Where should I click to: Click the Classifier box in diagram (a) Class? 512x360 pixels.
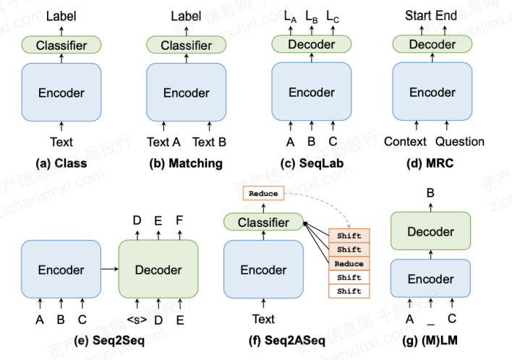[x=61, y=46]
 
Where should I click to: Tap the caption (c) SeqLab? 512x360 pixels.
[x=312, y=163]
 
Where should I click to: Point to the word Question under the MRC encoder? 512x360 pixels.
[x=460, y=142]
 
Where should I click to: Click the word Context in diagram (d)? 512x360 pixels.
[x=405, y=142]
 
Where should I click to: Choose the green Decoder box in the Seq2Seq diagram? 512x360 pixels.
[x=158, y=270]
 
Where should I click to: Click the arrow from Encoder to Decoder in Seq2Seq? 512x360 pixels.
[x=110, y=270]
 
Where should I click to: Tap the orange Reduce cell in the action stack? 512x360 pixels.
[x=349, y=264]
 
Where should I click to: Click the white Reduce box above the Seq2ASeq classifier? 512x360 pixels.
[x=263, y=194]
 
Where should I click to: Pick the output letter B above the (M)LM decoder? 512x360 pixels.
[x=432, y=193]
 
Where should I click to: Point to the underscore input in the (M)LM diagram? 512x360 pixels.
[x=432, y=319]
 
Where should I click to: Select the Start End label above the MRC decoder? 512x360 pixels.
[x=432, y=15]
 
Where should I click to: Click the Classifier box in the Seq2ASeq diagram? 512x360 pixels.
[x=263, y=223]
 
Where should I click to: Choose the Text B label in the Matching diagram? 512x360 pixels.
[x=210, y=142]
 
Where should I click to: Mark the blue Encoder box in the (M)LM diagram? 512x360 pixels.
[x=432, y=279]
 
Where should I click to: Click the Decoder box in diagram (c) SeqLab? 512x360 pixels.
[x=312, y=45]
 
